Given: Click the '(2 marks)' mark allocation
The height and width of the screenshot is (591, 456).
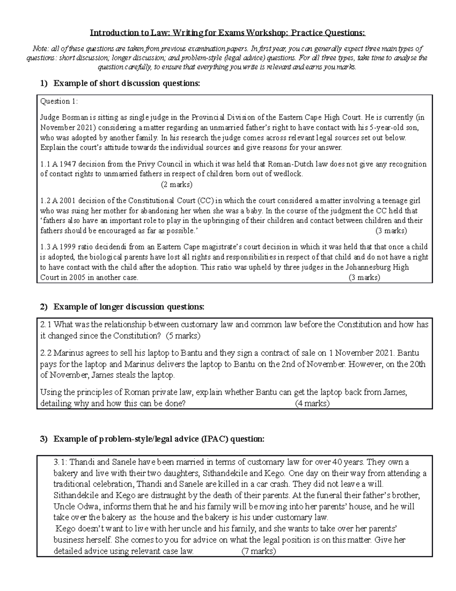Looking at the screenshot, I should pos(177,185).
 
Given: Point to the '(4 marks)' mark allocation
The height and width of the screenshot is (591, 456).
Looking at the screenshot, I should pos(312,403).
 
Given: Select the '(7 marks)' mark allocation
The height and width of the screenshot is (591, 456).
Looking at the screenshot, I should pos(259,551).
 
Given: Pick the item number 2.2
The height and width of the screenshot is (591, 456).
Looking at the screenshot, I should pos(45,353).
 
